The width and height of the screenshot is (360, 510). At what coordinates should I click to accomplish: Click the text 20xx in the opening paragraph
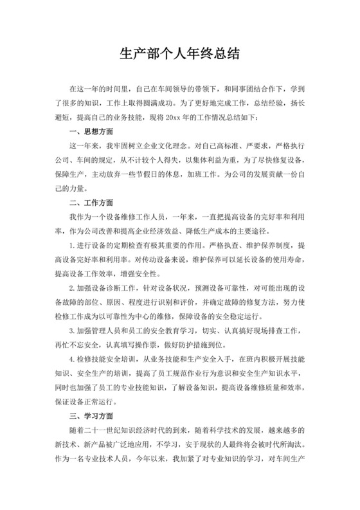click(174, 117)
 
